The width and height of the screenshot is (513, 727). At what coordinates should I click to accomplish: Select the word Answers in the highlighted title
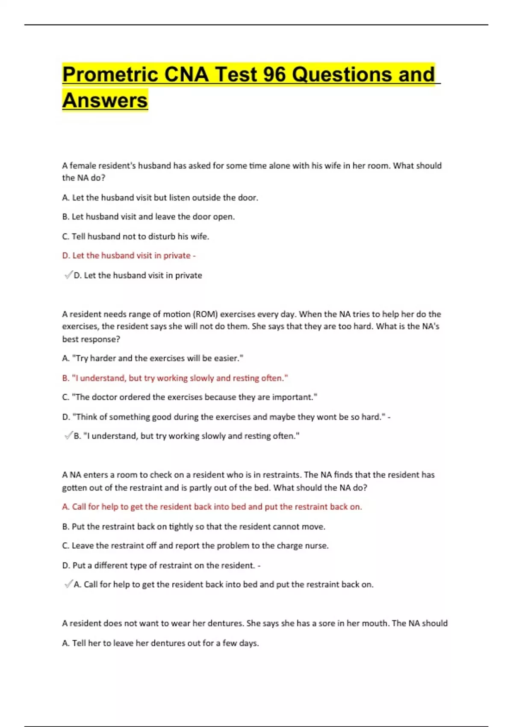coord(105,100)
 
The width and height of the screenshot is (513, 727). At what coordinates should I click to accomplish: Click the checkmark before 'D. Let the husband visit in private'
coord(68,275)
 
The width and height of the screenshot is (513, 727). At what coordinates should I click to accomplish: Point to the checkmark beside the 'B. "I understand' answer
coord(68,436)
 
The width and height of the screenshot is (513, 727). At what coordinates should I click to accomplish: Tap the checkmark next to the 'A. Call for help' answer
coord(68,584)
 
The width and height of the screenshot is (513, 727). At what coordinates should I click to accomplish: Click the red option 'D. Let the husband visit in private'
coord(128,256)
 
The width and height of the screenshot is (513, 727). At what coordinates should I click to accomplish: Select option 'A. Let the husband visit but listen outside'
coord(160,198)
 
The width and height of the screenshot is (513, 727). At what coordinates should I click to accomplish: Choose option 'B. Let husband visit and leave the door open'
coord(148,217)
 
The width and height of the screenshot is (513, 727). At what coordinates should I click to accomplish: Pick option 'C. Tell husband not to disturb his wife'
coord(136,236)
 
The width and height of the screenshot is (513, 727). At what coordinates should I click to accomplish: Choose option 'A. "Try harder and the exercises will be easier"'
coord(153,358)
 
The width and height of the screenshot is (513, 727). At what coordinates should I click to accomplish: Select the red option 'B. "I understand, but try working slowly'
coord(175,378)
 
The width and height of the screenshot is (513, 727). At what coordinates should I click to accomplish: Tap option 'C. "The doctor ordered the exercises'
coord(189,397)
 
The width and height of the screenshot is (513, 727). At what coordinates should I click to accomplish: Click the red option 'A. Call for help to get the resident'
coord(212,507)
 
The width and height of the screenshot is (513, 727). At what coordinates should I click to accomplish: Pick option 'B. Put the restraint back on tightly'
coord(194,526)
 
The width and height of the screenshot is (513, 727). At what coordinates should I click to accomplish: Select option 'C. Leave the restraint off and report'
coord(195,546)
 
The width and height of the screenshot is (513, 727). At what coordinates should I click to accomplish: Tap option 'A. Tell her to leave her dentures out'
coord(160,643)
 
